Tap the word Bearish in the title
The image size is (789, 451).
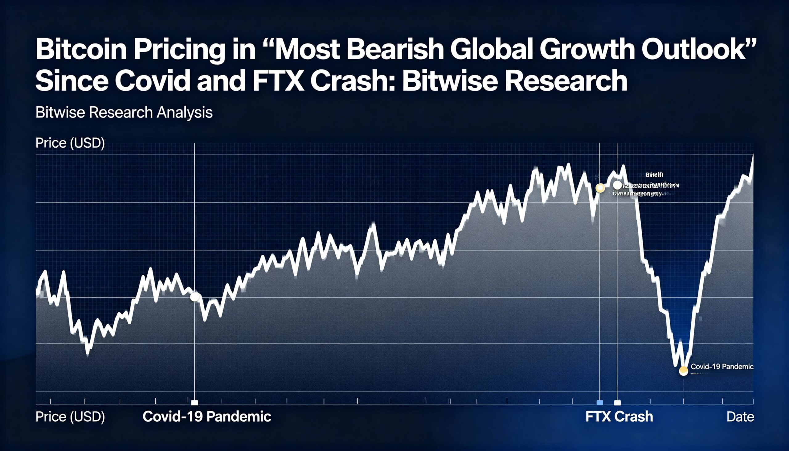point(395,50)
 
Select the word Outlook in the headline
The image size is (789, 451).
point(698,50)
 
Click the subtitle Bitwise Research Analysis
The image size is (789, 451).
point(124,112)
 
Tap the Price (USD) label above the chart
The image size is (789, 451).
point(70,143)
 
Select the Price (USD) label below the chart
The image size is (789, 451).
point(70,416)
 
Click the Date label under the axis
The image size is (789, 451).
point(740,416)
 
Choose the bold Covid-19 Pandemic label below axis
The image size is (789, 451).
point(206,416)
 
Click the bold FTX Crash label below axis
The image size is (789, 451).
point(619,416)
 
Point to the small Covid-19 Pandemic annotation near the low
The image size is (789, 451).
point(722,367)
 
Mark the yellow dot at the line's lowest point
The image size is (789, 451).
point(683,371)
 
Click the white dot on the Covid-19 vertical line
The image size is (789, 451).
point(194,297)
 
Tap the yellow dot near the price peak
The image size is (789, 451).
point(600,188)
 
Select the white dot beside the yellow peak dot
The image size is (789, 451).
point(617,185)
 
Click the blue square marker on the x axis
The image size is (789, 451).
point(600,402)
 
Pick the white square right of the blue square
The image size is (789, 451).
point(617,403)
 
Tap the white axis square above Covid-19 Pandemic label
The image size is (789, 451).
point(194,403)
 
